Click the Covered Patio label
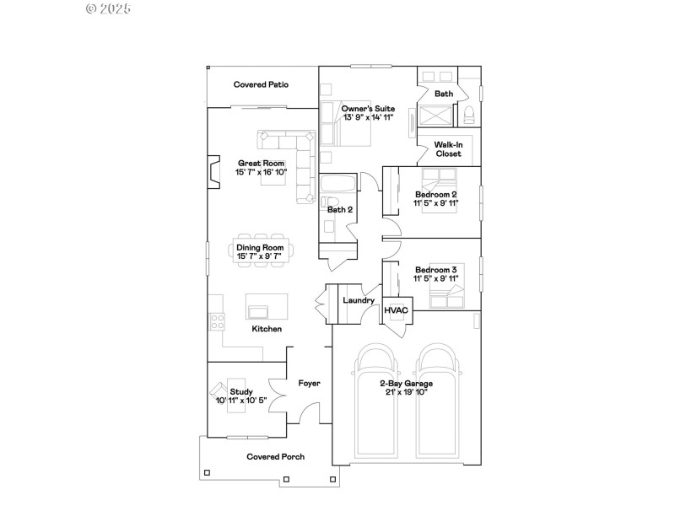coord(261,84)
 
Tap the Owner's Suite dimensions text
coord(368,117)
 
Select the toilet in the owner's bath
coord(469,114)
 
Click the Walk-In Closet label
coord(448,150)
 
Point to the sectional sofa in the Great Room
coord(291,156)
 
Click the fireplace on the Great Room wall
coord(213,173)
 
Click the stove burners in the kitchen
coord(217,320)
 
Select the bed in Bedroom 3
coord(445,296)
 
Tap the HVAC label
coord(396,310)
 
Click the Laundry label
coord(358,300)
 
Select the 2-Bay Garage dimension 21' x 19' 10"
coord(407,391)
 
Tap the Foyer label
coord(309,383)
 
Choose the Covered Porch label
coord(275,456)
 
